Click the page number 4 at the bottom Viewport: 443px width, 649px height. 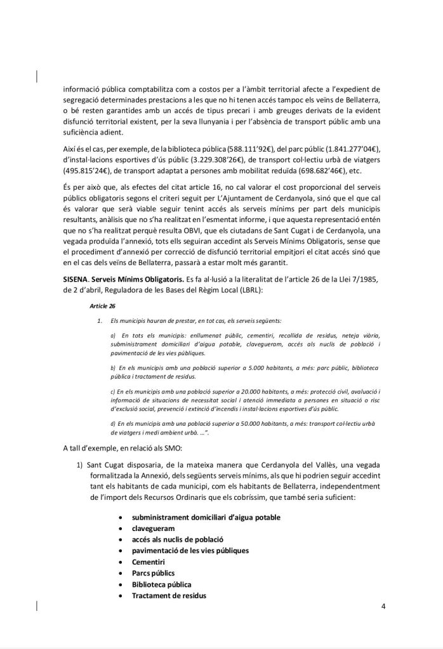point(383,606)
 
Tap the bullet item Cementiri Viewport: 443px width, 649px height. point(149,562)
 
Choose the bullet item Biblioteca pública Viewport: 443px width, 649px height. point(161,584)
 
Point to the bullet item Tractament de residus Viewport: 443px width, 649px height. point(169,596)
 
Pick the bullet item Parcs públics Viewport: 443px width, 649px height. point(153,574)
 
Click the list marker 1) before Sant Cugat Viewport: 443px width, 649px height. point(81,466)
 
